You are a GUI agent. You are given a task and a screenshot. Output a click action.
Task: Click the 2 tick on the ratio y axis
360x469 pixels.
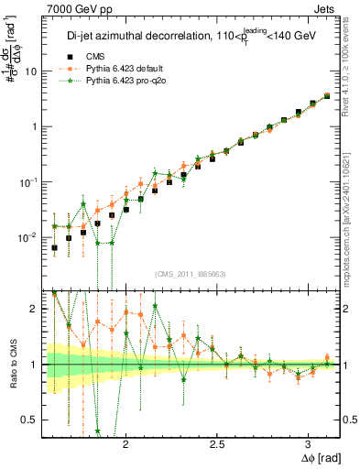[36, 309]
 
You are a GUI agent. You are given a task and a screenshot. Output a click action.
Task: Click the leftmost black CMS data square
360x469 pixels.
[54, 247]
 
